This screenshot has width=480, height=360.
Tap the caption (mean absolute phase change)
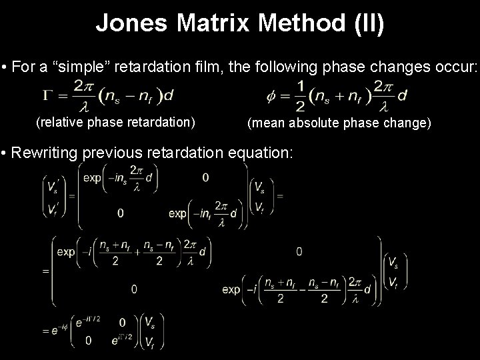[340, 123]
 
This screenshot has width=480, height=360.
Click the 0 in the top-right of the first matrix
[205, 177]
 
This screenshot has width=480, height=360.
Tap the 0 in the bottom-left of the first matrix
[120, 213]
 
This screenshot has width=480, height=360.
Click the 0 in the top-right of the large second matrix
[299, 251]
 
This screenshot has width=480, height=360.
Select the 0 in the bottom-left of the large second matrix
[134, 289]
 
